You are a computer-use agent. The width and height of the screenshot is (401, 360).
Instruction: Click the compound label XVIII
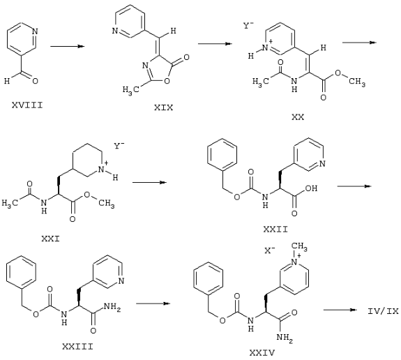tap(27, 105)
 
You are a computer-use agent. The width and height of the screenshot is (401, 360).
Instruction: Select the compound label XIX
tap(163, 107)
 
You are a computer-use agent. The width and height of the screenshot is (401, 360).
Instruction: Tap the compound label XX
tap(298, 117)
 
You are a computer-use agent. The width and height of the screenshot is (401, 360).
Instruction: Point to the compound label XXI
tap(51, 239)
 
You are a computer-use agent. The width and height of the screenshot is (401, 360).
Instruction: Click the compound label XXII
tap(275, 229)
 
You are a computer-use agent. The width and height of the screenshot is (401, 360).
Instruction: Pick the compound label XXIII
tap(77, 347)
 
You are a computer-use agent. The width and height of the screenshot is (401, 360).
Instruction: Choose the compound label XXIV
tap(262, 353)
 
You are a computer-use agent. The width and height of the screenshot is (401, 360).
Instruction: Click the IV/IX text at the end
tap(383, 311)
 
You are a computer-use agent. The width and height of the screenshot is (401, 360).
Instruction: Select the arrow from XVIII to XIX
tap(67, 46)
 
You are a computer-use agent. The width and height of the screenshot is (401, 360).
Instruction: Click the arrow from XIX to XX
tap(215, 44)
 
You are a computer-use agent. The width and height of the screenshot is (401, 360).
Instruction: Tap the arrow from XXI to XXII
tap(149, 182)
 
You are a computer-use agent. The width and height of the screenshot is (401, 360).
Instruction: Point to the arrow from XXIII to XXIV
tap(153, 303)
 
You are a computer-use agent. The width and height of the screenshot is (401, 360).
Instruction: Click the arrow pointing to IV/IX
tap(340, 310)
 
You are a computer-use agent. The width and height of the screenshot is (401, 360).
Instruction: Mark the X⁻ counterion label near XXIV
tap(270, 250)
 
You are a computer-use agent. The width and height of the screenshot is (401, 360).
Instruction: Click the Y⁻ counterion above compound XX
tap(248, 26)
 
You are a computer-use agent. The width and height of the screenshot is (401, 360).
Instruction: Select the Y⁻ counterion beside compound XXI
tap(119, 146)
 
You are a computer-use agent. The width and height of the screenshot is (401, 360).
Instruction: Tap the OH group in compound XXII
tap(311, 188)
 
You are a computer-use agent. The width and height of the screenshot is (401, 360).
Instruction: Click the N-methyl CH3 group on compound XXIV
tap(299, 247)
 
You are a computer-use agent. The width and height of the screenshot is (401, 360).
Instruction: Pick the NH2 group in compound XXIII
tap(112, 306)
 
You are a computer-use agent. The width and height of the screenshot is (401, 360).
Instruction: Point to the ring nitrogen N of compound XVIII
tap(35, 31)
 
